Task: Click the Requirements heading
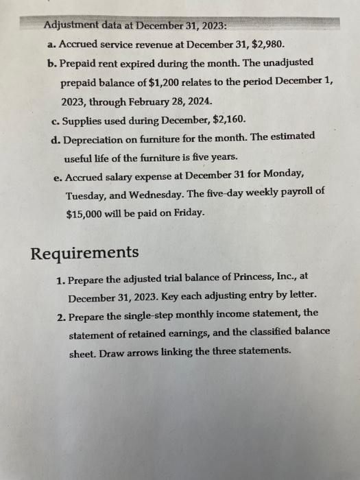[x=85, y=252]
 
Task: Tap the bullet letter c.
[x=54, y=119]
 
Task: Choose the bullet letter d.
[x=54, y=136]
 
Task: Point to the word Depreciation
[x=91, y=136]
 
